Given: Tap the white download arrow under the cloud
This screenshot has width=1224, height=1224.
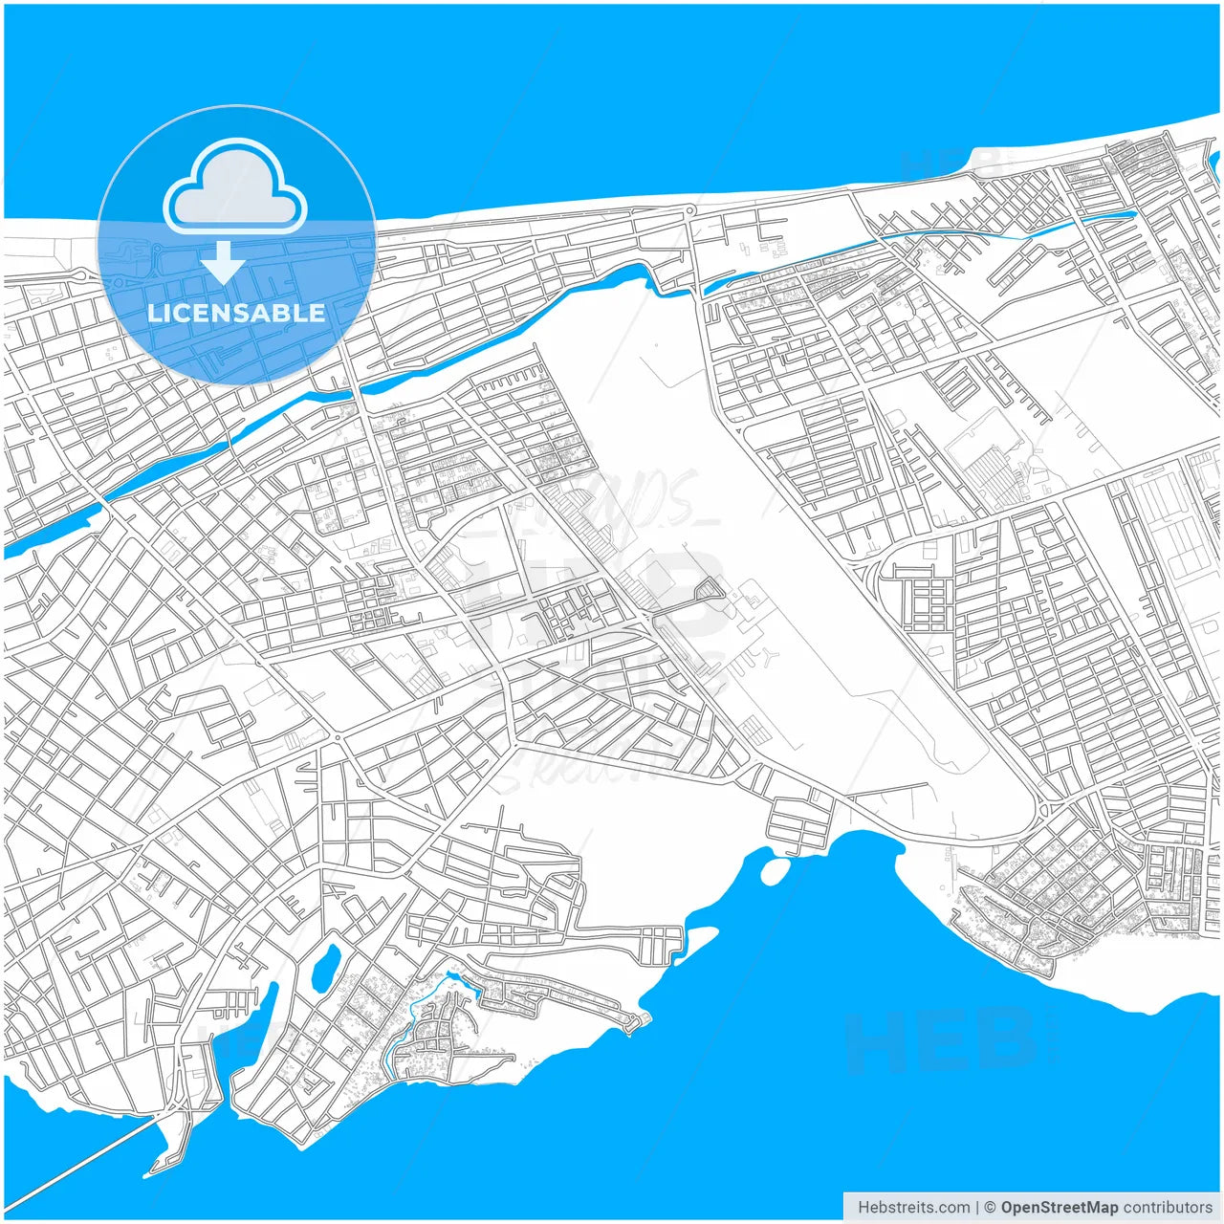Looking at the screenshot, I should (x=223, y=263).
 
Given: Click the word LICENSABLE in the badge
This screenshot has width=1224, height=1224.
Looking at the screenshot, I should (x=236, y=313).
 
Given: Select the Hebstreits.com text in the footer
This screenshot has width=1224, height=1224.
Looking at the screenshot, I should (x=913, y=1207).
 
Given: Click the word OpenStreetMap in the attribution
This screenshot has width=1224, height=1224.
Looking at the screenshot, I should (x=1059, y=1207).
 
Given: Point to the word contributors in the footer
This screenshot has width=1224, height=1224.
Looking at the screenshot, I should (x=1168, y=1207).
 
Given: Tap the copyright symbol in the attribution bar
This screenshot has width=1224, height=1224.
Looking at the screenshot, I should (x=990, y=1207).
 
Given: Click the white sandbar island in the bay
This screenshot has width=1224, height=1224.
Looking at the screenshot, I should (x=774, y=869).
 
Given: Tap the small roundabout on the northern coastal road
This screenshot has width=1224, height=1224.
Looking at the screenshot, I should (x=688, y=210).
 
